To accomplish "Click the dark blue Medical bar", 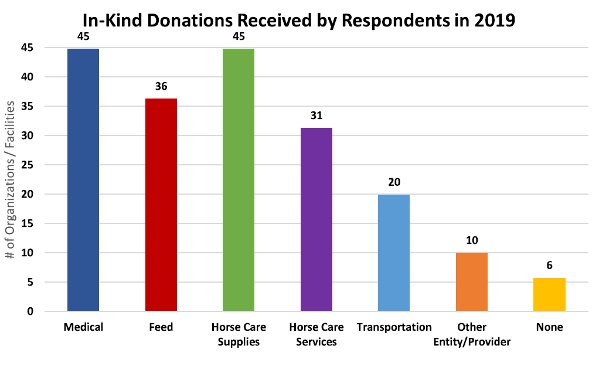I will click(83, 179).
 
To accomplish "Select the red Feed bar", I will click(161, 205).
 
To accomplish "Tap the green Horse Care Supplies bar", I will click(239, 179).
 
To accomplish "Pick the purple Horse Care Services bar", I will click(316, 219).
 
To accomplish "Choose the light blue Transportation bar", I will click(394, 252).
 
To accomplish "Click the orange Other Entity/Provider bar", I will click(472, 281).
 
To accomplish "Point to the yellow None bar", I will click(549, 294).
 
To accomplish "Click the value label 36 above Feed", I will click(161, 86).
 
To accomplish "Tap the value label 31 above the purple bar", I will click(316, 116).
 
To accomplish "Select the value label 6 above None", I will click(549, 265).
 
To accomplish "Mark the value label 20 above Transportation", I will click(394, 182).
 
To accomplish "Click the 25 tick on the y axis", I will click(28, 165).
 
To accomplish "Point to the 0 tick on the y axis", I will click(30, 311).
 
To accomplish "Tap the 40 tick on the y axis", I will click(28, 77).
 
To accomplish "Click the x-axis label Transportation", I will click(394, 327).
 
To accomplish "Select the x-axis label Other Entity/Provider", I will click(472, 334).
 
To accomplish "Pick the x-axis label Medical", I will click(83, 327).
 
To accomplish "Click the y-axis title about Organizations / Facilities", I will click(10, 179).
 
